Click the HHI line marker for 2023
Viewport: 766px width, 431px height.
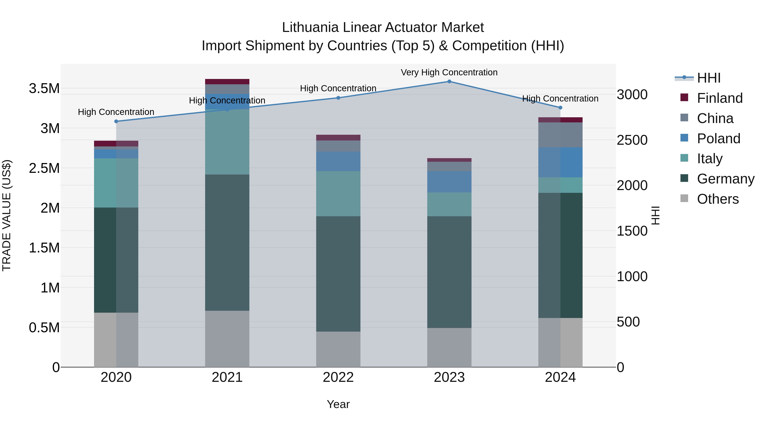(449, 82)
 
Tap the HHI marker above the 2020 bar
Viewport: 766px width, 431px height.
(116, 121)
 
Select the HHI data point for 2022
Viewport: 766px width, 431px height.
(338, 98)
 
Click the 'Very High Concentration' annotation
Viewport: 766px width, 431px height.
(449, 72)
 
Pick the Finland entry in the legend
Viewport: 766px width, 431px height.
(719, 98)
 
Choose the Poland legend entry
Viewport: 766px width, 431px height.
(718, 139)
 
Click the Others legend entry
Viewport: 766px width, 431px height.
(717, 199)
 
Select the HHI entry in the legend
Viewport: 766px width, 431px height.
(708, 78)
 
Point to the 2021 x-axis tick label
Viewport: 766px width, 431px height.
(227, 377)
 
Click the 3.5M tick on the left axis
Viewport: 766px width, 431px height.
(44, 89)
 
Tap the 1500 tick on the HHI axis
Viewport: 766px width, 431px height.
(632, 231)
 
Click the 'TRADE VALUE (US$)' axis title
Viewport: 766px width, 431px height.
(7, 215)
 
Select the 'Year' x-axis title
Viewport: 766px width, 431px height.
(338, 404)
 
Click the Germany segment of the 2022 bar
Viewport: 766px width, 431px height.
(338, 274)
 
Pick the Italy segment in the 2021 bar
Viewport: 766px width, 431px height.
(227, 142)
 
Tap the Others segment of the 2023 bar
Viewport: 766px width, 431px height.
(449, 347)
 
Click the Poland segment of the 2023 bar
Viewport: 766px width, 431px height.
(449, 182)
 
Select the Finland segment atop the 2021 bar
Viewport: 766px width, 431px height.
(227, 82)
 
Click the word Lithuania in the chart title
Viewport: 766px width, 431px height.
(310, 27)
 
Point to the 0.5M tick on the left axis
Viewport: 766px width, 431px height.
(44, 328)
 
